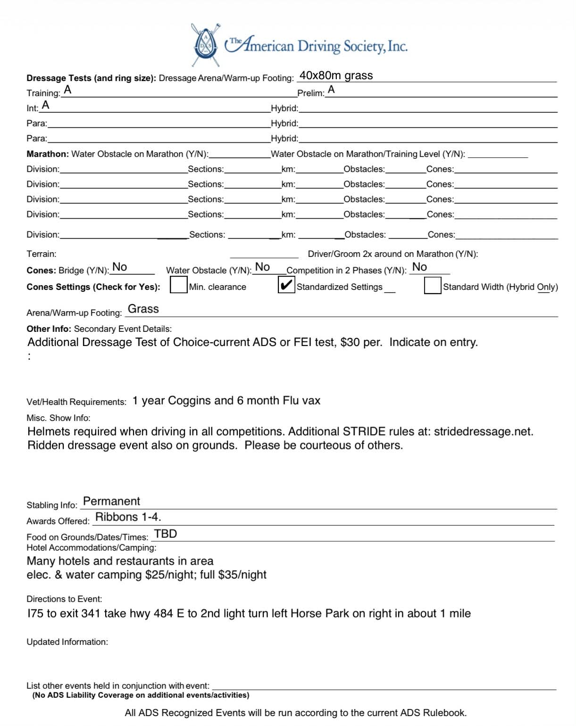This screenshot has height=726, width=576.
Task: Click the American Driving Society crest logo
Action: click(206, 45)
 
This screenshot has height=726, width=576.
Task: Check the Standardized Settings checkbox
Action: click(286, 285)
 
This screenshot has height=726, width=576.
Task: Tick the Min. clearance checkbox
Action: click(178, 286)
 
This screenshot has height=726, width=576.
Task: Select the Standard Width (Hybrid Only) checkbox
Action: click(432, 286)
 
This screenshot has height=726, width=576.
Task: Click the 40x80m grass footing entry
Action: click(336, 75)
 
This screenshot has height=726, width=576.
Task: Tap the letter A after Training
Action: click(67, 90)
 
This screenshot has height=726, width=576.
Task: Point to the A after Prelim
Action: click(331, 90)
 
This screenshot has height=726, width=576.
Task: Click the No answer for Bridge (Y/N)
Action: click(119, 267)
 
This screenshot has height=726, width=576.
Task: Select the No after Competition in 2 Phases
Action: click(419, 267)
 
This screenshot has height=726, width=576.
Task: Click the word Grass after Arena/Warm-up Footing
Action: click(143, 309)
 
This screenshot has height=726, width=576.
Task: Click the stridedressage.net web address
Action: click(483, 431)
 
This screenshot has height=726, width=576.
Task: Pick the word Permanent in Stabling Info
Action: click(111, 501)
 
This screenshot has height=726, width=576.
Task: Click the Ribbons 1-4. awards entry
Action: click(128, 517)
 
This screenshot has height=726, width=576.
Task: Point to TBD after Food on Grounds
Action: click(166, 534)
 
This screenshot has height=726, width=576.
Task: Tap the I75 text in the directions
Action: click(35, 613)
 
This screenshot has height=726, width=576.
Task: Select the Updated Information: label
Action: click(67, 642)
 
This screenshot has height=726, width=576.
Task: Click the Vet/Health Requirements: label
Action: click(76, 402)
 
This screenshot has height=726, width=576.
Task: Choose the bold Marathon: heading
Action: click(48, 154)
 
